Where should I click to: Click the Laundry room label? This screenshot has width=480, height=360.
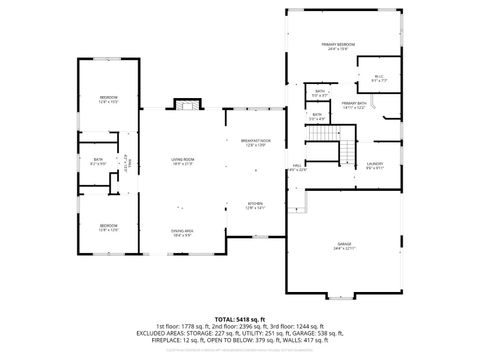[x=375, y=165]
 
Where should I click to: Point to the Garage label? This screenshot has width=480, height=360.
[x=345, y=245]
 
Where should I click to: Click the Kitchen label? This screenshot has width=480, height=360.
[x=255, y=206]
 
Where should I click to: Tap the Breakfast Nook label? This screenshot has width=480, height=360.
[x=256, y=141]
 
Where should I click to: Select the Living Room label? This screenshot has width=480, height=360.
[x=182, y=161]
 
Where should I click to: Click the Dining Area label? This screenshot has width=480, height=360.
[x=182, y=233]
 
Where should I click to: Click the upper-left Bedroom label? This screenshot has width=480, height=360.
[x=109, y=98]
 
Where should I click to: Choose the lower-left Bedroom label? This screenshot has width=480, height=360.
[x=109, y=227]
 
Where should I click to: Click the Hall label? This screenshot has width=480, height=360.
[x=297, y=167]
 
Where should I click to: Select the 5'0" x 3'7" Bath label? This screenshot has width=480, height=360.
[x=320, y=93]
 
